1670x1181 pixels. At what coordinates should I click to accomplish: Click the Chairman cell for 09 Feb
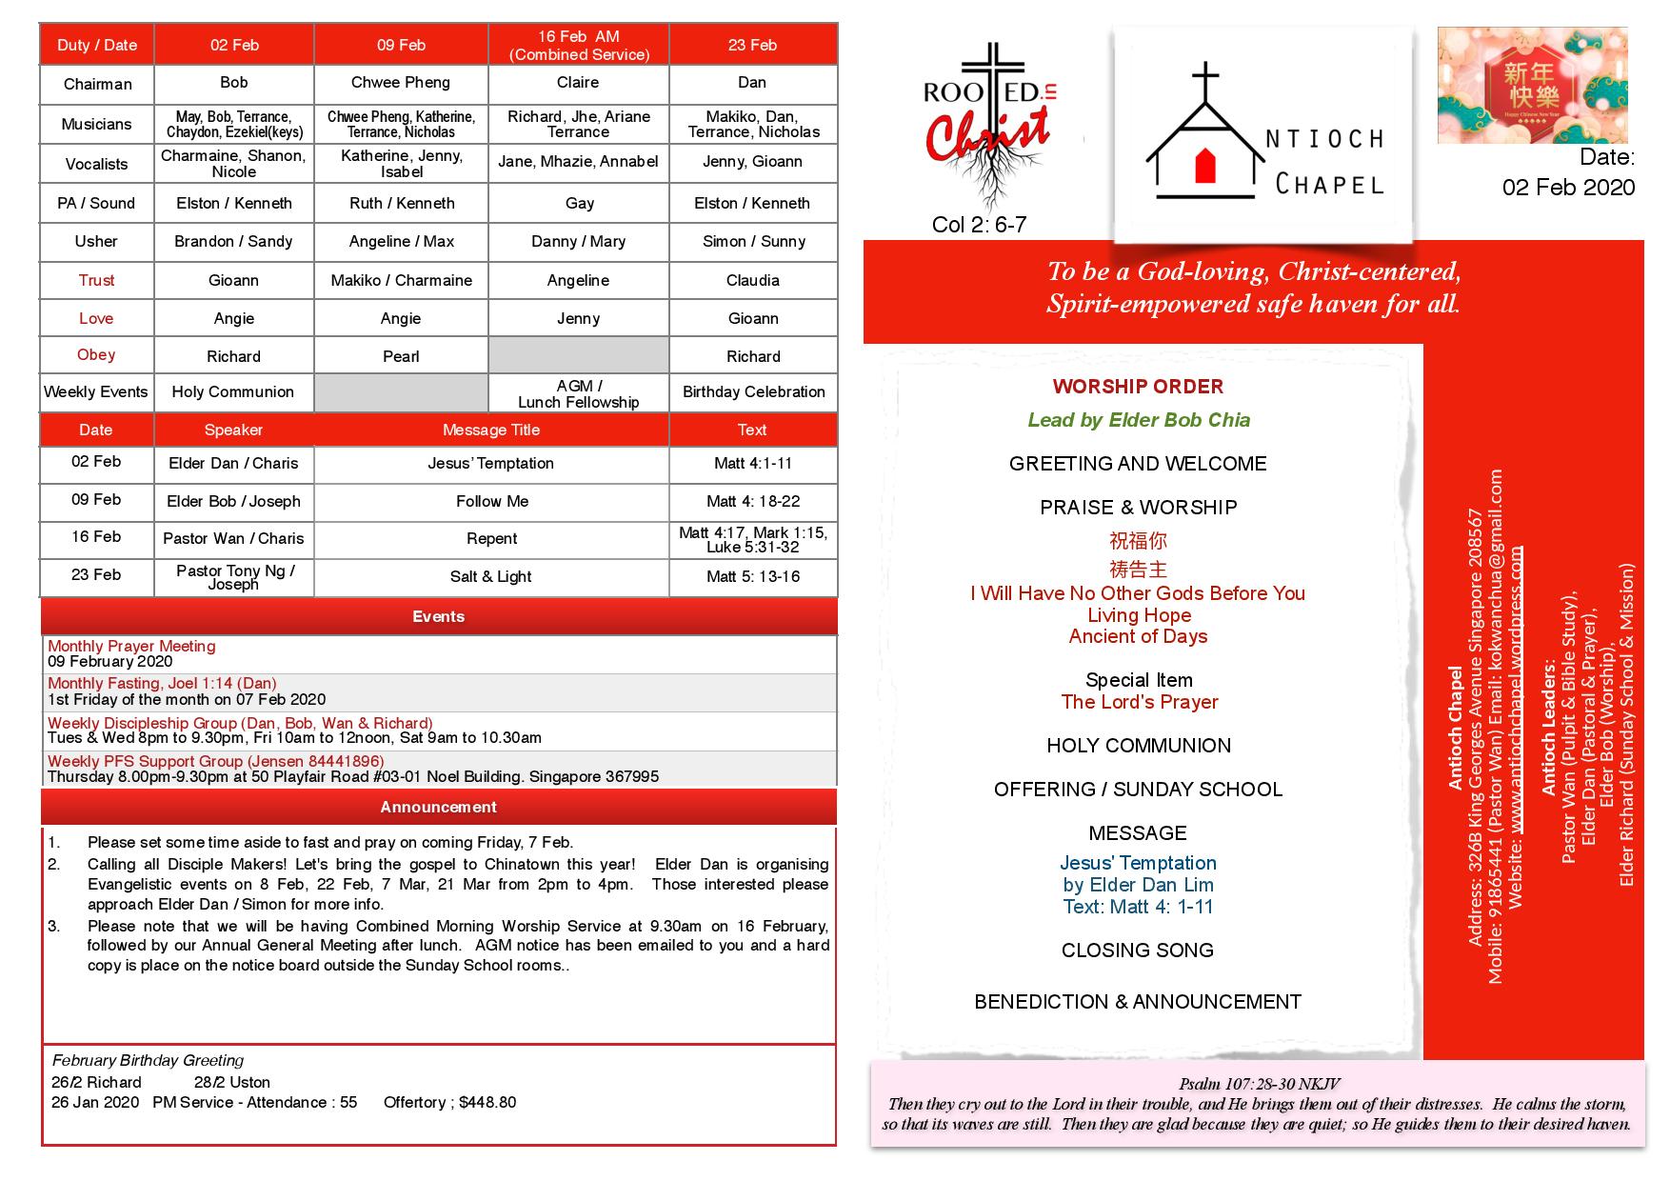click(x=401, y=83)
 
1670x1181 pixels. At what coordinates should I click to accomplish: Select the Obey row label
click(x=96, y=355)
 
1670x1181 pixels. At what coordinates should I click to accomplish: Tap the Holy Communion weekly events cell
click(x=233, y=392)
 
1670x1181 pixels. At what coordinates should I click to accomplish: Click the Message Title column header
click(x=491, y=430)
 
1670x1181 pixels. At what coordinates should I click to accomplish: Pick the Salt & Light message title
click(x=491, y=576)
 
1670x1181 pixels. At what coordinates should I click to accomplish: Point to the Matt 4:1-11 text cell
click(x=752, y=464)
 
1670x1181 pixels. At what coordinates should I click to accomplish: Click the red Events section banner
click(x=438, y=617)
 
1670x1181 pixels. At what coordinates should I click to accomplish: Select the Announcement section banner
click(x=438, y=808)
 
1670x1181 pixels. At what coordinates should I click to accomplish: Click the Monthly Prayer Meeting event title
click(x=131, y=646)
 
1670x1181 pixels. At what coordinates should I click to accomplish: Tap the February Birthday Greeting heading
click(x=148, y=1060)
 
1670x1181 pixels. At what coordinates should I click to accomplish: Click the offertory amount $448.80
click(x=487, y=1102)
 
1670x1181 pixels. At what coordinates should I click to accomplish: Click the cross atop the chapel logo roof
click(x=1205, y=80)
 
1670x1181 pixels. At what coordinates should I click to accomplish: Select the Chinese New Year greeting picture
click(x=1532, y=86)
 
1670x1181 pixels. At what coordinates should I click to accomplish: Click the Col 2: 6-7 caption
click(x=979, y=225)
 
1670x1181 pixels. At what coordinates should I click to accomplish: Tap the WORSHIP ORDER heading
click(x=1138, y=387)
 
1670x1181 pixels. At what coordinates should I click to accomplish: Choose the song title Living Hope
click(x=1139, y=615)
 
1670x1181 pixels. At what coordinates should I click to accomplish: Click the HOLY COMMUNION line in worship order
click(x=1139, y=746)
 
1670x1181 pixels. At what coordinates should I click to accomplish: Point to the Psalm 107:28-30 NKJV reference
click(x=1259, y=1084)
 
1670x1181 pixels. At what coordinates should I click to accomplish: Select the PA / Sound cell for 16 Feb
click(x=579, y=204)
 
